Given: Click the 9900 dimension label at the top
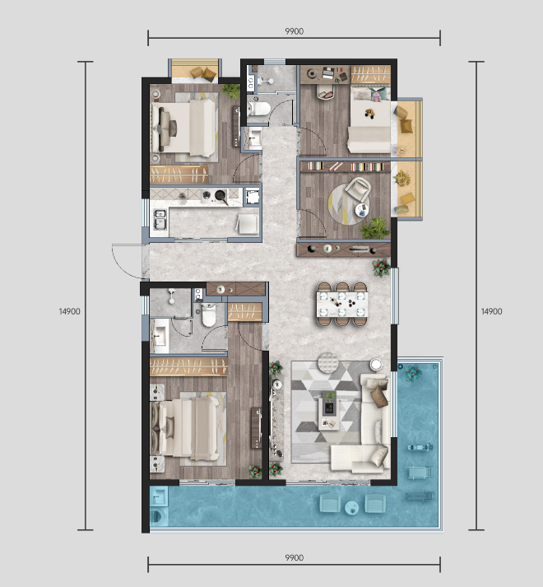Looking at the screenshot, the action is (295, 31).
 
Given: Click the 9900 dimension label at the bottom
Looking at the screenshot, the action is (295, 558).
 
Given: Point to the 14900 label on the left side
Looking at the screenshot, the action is (69, 311).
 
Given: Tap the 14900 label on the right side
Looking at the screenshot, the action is (491, 311).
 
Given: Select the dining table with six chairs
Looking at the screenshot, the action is (342, 304).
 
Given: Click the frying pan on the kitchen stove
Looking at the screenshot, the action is (221, 196).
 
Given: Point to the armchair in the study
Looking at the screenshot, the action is (357, 189).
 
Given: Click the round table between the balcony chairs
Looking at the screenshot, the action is (351, 508).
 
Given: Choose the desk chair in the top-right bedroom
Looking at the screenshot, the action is (326, 92).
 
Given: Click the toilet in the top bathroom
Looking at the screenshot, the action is (259, 109).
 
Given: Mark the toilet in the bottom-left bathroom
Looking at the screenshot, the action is (208, 314).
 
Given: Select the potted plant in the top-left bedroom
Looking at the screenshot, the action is (230, 91).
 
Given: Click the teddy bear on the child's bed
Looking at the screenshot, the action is (369, 113).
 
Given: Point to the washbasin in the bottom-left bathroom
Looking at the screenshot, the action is (160, 336).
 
